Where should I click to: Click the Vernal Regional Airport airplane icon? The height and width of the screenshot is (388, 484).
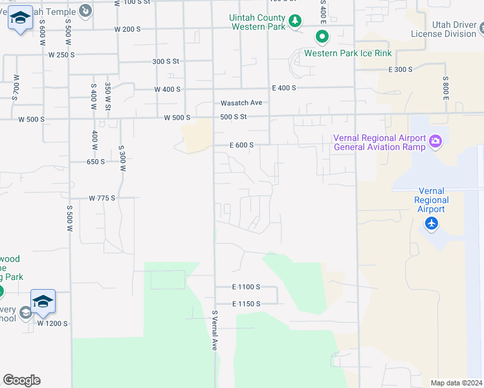click(432, 224)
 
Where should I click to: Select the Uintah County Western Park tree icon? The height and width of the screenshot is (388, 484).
click(295, 21)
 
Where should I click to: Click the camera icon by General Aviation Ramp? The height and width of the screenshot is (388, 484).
click(435, 140)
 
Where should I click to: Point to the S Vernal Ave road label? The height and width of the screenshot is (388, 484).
click(214, 330)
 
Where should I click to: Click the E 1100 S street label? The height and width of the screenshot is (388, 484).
click(246, 286)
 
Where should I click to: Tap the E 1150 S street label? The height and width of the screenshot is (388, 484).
click(246, 303)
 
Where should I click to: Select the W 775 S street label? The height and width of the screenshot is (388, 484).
click(102, 198)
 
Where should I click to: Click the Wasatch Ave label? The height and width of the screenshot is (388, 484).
click(241, 103)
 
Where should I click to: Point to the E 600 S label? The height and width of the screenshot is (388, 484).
click(241, 145)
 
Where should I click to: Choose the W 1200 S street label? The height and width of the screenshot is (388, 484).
click(52, 323)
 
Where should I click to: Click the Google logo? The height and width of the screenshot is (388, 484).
click(21, 380)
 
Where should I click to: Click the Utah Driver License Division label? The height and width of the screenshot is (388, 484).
click(443, 28)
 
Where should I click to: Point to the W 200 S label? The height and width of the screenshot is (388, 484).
click(127, 29)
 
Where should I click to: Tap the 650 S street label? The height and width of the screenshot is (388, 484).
click(95, 162)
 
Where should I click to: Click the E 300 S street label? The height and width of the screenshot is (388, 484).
click(401, 69)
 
